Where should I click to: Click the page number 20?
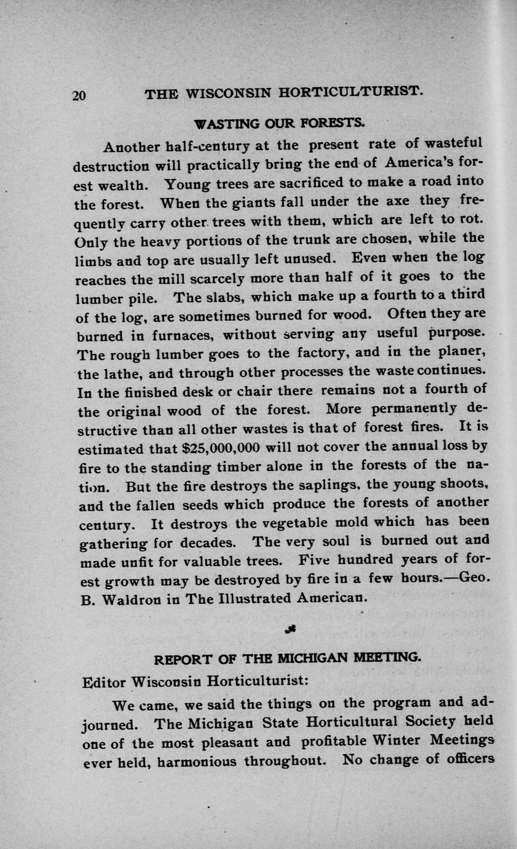click(x=82, y=95)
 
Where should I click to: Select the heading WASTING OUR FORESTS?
click(x=280, y=122)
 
